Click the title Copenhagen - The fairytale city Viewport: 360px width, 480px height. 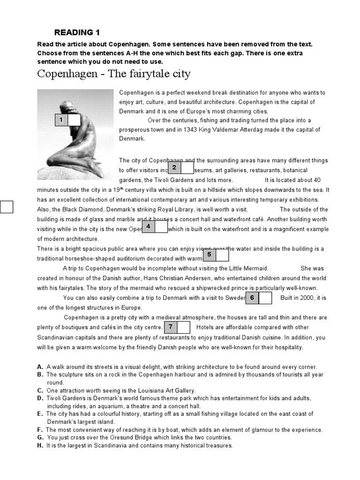point(114,74)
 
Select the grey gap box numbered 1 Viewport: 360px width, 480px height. point(61,120)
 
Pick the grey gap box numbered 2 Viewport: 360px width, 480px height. point(174,167)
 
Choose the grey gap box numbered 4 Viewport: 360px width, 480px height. point(148,226)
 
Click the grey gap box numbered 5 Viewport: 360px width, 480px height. point(209,255)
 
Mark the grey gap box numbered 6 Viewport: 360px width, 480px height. point(252,298)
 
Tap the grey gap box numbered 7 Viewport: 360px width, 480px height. point(171,327)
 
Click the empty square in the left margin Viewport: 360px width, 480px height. point(7,206)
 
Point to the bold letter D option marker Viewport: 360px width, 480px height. point(40,398)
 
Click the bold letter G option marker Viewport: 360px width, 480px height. point(40,437)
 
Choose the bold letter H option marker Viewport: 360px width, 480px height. point(40,445)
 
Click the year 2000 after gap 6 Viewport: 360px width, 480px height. point(307,298)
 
